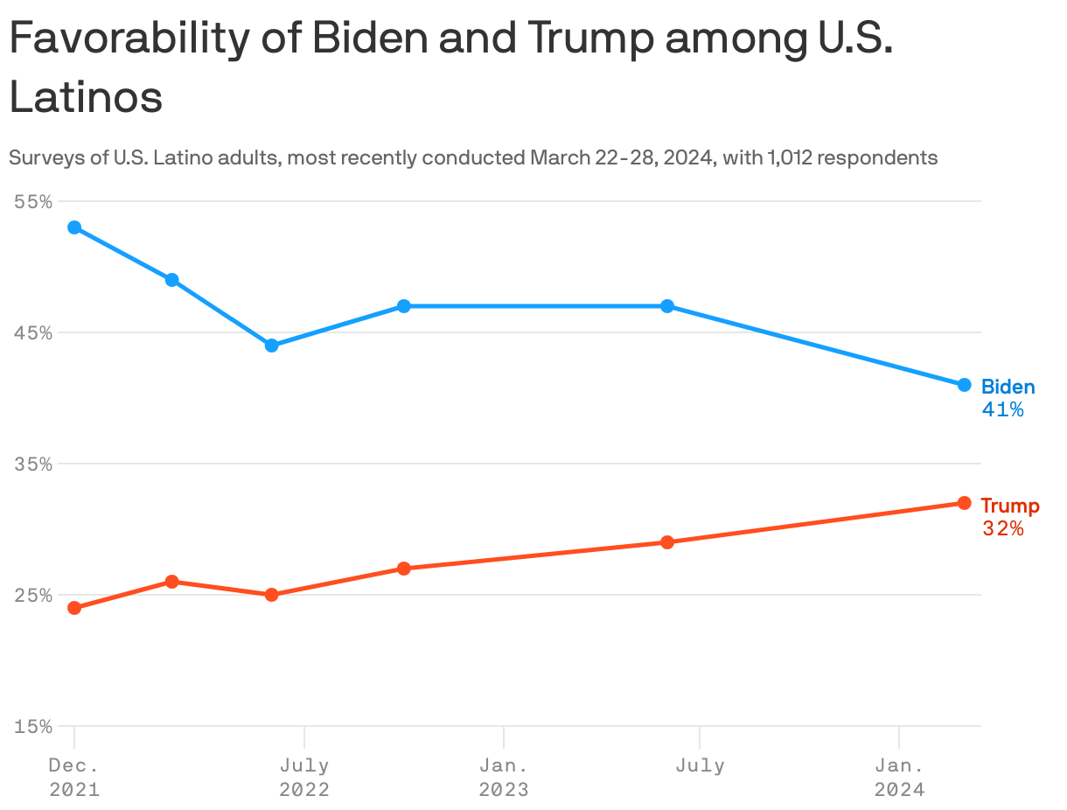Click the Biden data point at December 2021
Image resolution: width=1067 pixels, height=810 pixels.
[74, 227]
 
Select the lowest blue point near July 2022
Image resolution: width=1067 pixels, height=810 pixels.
[271, 346]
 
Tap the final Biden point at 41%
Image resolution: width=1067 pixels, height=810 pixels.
[964, 385]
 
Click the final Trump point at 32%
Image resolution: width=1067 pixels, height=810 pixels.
[964, 503]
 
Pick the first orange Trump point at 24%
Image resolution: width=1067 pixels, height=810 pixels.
[74, 608]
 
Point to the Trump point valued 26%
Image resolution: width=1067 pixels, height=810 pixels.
[172, 582]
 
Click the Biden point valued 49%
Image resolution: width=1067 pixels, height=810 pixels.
[172, 280]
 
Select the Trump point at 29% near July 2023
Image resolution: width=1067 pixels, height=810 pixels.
[667, 542]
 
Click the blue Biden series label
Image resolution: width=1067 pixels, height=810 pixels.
[1008, 387]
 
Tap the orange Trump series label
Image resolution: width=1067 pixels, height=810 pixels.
[1009, 506]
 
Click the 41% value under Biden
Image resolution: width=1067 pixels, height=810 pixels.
[1002, 409]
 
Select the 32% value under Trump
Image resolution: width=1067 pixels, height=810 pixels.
[1002, 528]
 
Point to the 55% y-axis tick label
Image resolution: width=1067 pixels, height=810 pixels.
[33, 201]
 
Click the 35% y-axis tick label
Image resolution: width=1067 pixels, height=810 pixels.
[33, 464]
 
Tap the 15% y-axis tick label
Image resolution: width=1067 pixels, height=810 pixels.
[33, 726]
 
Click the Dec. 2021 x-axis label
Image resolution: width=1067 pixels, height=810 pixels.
[74, 777]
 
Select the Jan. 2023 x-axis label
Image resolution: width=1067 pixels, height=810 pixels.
[504, 777]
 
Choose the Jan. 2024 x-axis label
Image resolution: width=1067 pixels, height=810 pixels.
[899, 777]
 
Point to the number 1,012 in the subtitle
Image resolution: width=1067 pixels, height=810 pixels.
[792, 158]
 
